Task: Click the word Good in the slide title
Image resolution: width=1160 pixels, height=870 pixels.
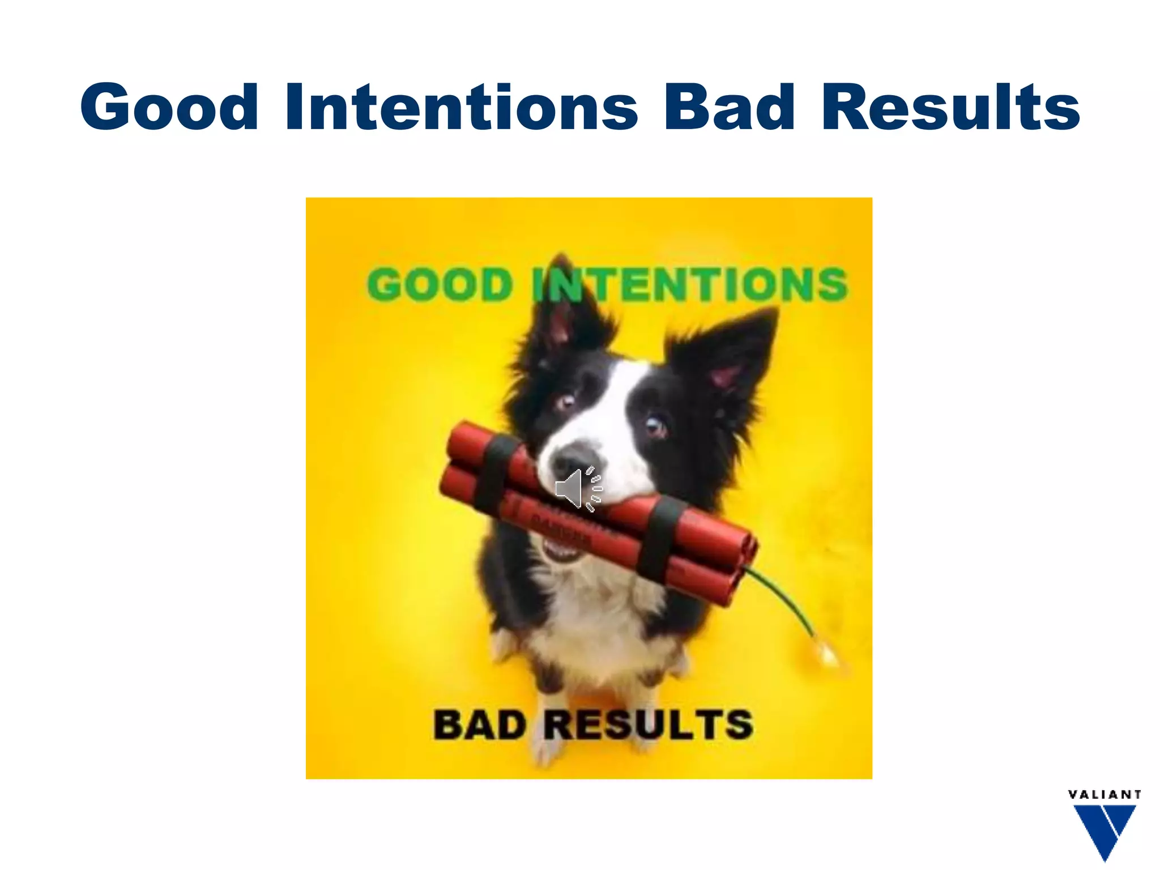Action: (x=169, y=108)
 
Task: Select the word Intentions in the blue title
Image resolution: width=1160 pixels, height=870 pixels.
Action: (x=462, y=108)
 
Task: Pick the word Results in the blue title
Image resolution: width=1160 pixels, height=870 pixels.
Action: (x=950, y=108)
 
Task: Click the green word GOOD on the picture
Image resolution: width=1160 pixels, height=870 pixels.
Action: (x=441, y=284)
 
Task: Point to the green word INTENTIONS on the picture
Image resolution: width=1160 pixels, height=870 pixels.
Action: (x=690, y=284)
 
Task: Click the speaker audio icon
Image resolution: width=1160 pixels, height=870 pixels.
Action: (x=578, y=489)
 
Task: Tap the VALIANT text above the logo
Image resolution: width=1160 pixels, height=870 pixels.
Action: (x=1104, y=795)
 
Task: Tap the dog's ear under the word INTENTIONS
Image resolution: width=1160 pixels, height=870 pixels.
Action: (x=566, y=317)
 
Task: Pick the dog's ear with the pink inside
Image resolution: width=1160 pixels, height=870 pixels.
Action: (x=731, y=362)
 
